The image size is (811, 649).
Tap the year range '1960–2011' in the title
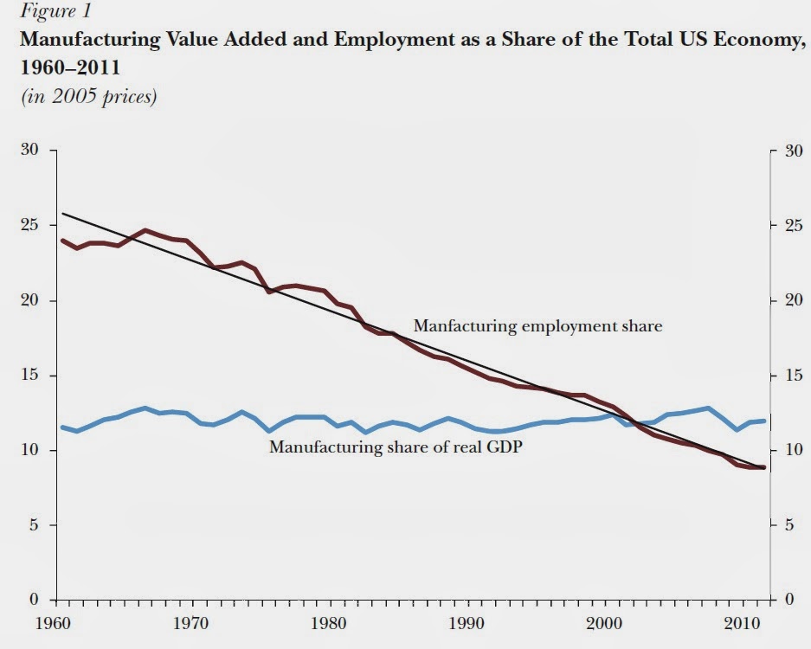tap(63, 67)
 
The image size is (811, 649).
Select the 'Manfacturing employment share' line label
tap(537, 326)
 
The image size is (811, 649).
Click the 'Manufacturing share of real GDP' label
tap(396, 447)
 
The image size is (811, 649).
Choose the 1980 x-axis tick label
tap(325, 622)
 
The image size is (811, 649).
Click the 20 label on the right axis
tap(789, 301)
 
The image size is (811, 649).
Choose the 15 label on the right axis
tap(789, 376)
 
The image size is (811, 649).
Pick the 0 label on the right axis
tap(786, 600)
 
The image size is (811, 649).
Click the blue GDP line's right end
tap(764, 421)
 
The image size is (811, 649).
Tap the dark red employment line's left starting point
tap(62, 241)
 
